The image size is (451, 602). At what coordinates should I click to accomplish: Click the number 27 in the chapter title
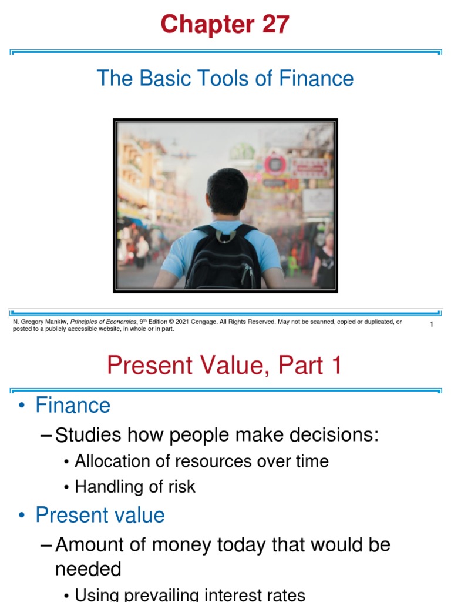click(271, 25)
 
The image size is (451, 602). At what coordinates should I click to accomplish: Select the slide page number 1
click(431, 325)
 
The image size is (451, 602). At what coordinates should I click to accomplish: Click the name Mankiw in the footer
click(56, 322)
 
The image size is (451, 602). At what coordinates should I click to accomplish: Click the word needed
click(88, 568)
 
